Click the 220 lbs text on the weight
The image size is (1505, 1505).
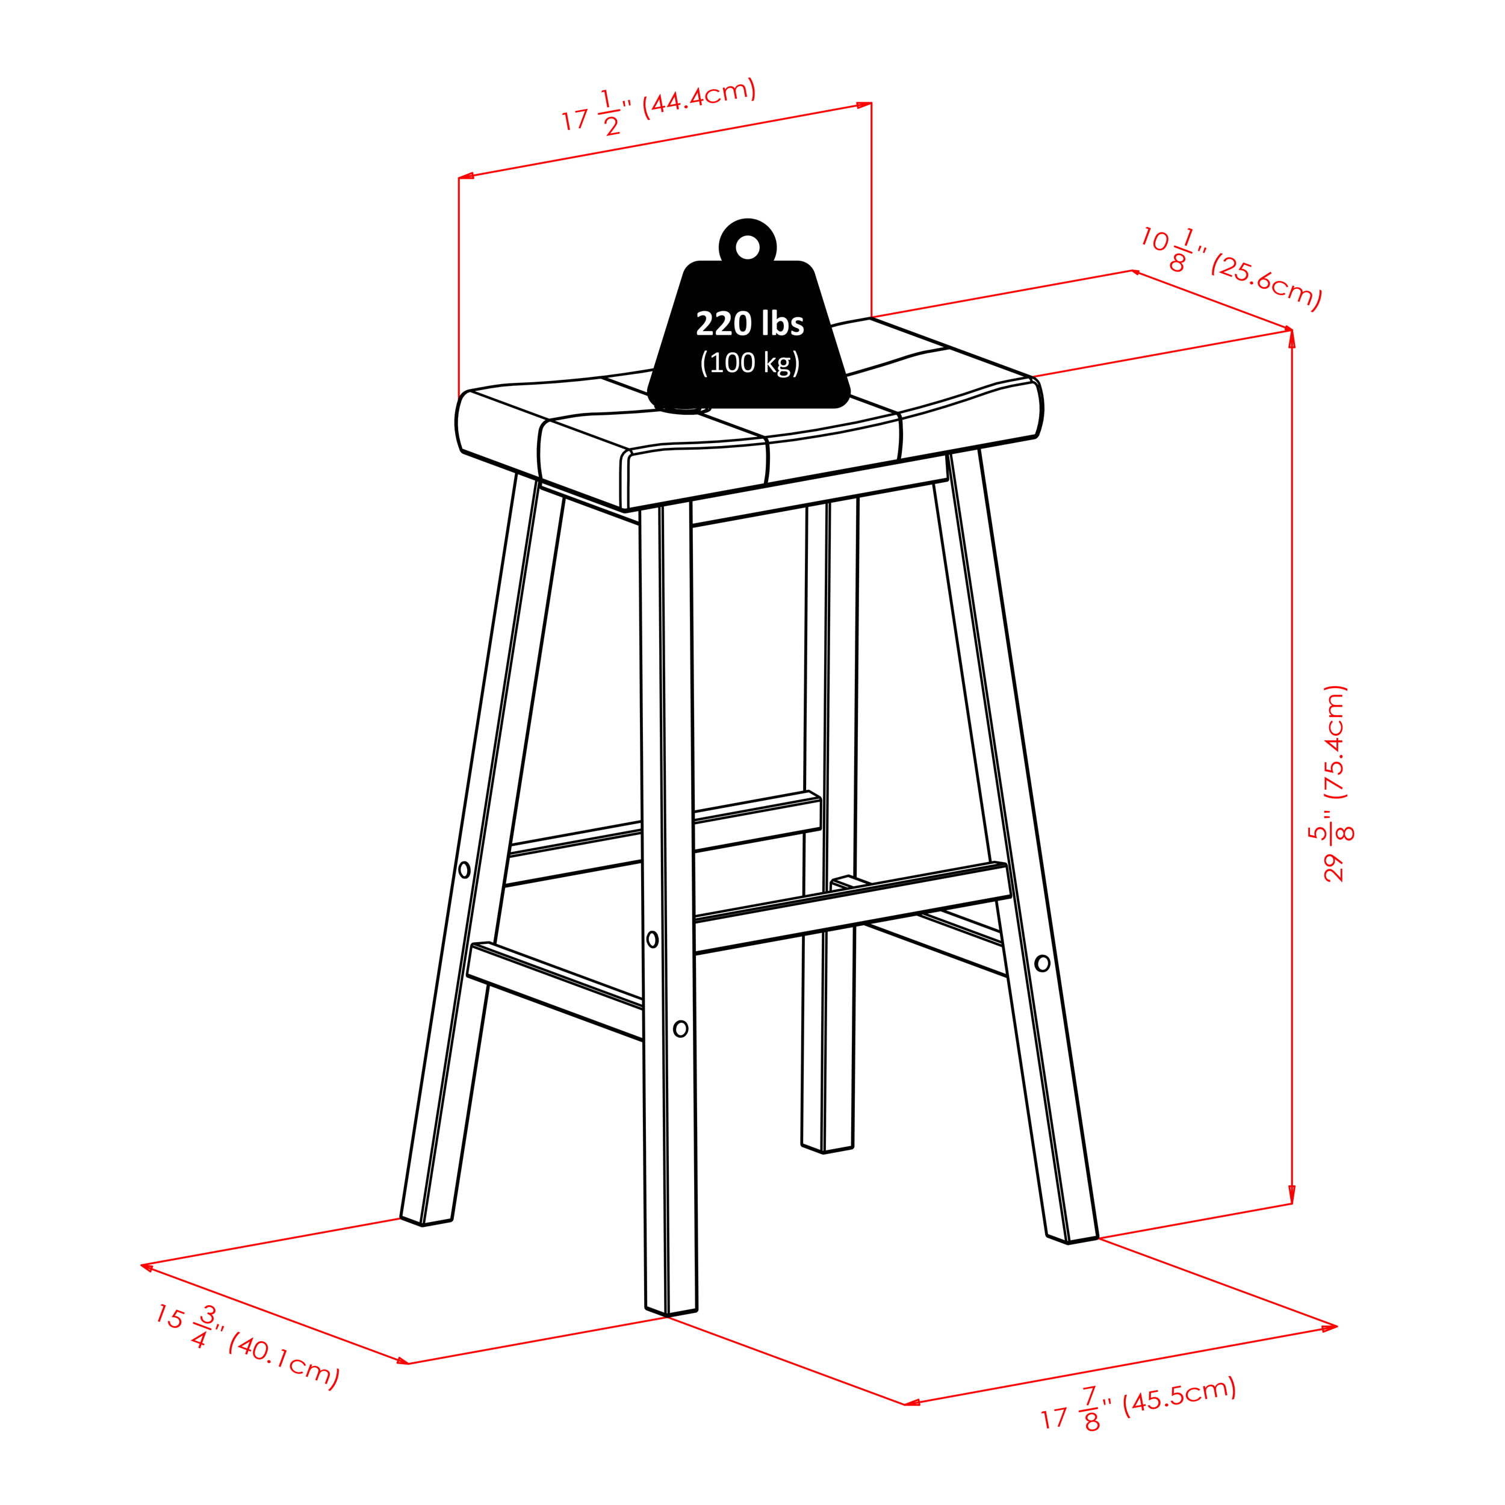749,324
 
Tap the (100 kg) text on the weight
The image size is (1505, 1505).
749,363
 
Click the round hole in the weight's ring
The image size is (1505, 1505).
747,247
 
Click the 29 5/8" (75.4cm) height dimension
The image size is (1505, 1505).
1335,783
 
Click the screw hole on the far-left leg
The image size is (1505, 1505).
464,869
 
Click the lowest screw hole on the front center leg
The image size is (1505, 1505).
680,1028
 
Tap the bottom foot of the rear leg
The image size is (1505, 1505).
827,1147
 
